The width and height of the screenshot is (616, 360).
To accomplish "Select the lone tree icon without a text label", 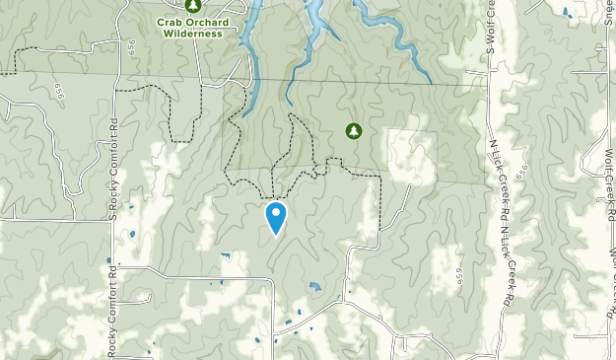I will (x=353, y=130).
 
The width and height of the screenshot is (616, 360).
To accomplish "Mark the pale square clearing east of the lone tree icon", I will (x=412, y=156).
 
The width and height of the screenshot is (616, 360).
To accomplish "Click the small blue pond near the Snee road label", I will (x=566, y=12).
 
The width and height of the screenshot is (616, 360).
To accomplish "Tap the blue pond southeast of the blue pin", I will (x=314, y=287).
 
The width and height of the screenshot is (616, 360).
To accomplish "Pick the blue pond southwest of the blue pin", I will (x=225, y=256).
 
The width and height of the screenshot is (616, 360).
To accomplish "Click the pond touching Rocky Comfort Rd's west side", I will (x=108, y=261).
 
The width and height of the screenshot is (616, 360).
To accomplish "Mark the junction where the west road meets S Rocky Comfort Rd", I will (x=112, y=221).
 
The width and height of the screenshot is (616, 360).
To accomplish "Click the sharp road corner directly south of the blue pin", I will (x=273, y=279).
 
